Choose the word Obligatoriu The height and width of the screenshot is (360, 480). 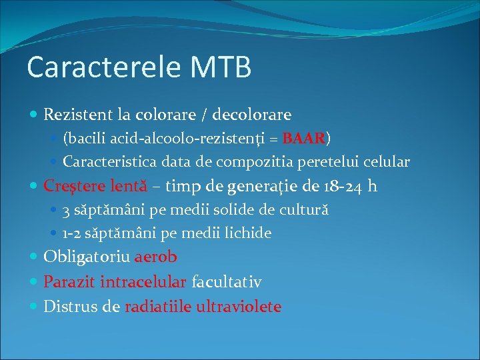(x=87, y=257)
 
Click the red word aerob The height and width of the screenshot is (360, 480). (x=156, y=257)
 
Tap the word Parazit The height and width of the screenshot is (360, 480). (x=69, y=282)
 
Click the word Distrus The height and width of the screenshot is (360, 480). (x=68, y=307)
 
